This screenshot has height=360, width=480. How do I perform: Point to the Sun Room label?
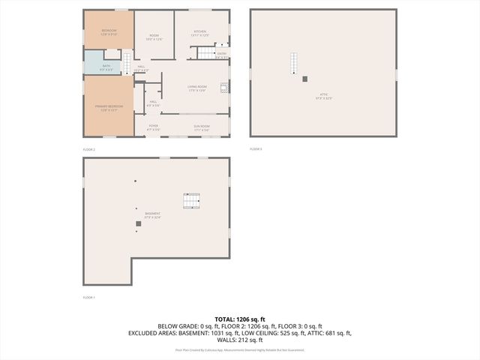coord(201,127)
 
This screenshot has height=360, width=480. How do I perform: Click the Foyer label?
coord(153,127)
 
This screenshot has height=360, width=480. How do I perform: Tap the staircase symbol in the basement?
coord(192,201)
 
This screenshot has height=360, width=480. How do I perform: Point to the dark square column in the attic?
coord(304,79)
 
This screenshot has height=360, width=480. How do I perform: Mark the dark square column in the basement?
coord(138,223)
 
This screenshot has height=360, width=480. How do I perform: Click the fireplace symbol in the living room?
coord(223,87)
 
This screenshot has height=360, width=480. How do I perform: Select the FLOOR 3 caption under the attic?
coord(255,149)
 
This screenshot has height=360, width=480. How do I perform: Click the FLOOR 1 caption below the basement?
coord(88,298)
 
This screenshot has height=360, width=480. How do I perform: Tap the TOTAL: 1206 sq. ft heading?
coord(239,319)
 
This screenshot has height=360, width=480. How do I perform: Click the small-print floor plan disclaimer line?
coord(239,350)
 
